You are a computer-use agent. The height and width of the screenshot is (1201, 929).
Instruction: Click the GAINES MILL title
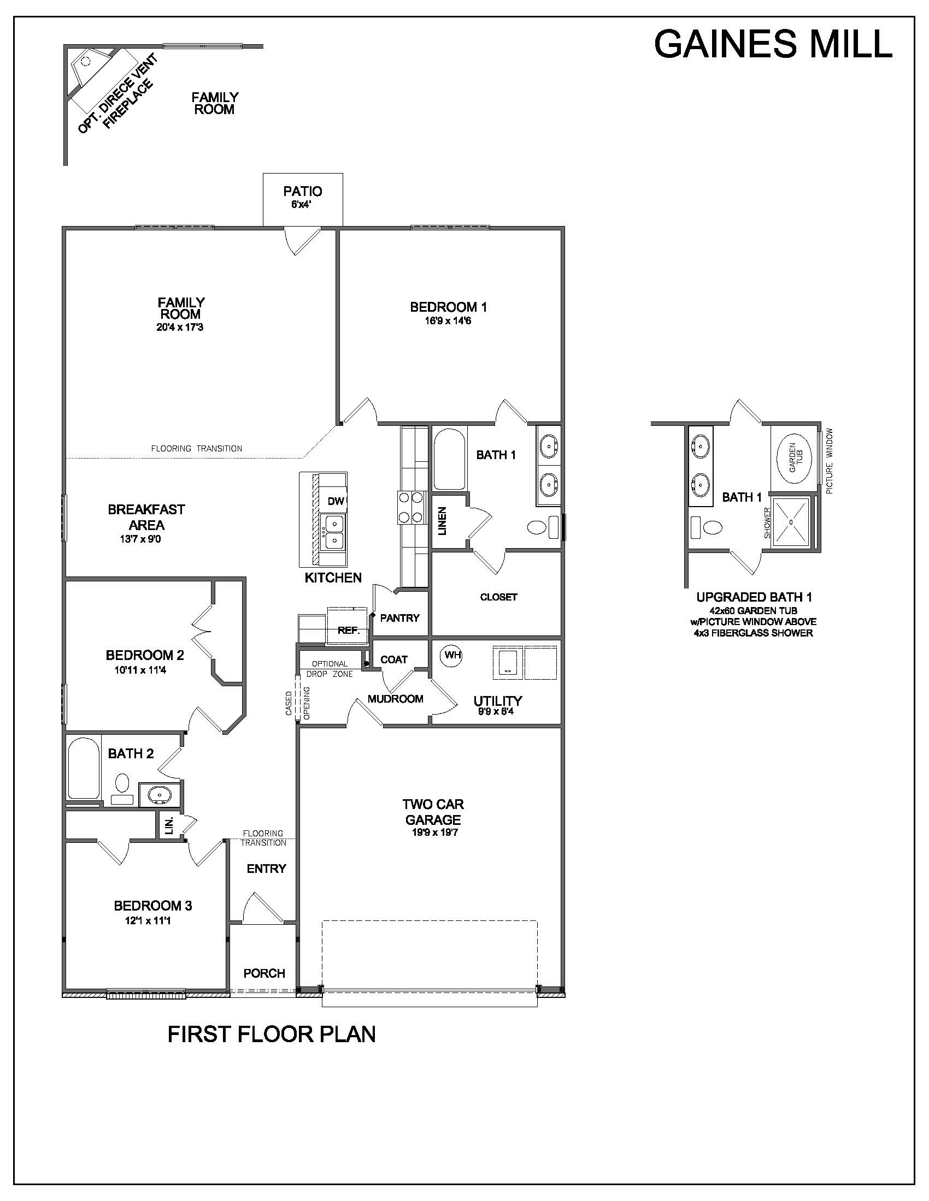click(773, 44)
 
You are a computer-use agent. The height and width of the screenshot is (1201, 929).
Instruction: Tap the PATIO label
click(303, 192)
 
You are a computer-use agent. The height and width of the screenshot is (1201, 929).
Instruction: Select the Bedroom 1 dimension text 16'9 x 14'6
click(448, 320)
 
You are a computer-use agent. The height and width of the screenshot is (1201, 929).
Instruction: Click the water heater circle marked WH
click(451, 656)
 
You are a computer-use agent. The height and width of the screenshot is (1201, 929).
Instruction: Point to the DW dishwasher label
click(336, 501)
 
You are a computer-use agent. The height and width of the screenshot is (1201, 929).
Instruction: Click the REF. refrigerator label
click(349, 630)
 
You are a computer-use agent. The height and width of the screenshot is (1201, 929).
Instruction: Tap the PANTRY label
click(399, 618)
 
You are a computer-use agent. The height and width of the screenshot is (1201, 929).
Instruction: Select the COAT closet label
click(394, 659)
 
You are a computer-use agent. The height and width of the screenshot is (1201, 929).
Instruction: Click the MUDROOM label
click(395, 699)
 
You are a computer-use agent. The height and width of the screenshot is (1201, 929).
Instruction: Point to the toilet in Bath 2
click(122, 789)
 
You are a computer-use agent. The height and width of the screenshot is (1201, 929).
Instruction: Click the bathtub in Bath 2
click(84, 768)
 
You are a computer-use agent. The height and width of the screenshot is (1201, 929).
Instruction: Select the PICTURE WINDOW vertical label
click(830, 461)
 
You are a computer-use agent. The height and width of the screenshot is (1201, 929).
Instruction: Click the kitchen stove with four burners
click(410, 507)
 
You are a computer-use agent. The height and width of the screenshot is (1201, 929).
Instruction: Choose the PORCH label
click(264, 973)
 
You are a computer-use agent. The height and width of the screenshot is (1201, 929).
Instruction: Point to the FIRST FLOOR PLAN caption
click(272, 1034)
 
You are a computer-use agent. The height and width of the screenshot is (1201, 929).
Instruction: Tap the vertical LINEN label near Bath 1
click(443, 521)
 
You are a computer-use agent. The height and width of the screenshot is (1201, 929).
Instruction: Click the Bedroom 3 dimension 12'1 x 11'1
click(148, 920)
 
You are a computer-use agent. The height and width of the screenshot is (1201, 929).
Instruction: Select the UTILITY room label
click(497, 700)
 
